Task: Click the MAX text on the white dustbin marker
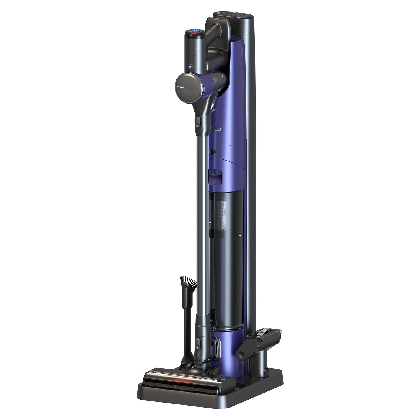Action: click(x=240, y=236)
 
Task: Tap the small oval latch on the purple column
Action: click(x=212, y=151)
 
